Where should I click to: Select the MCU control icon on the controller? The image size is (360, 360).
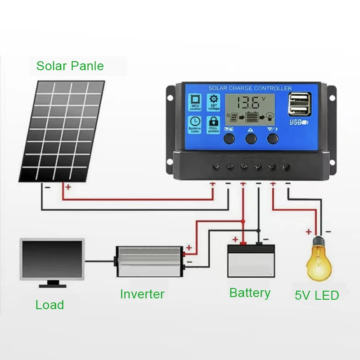(x=196, y=102)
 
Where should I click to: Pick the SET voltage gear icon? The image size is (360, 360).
(x=213, y=103)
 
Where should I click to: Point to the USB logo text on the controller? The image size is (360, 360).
(x=297, y=122)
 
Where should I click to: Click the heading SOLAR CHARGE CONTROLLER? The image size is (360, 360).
(x=250, y=88)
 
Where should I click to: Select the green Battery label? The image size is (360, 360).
(x=250, y=293)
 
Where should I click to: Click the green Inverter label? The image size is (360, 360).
(x=142, y=294)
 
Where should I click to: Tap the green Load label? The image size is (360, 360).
(x=49, y=305)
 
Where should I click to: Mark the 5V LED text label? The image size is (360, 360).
(x=317, y=296)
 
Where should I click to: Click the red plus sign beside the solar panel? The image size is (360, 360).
(x=67, y=187)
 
